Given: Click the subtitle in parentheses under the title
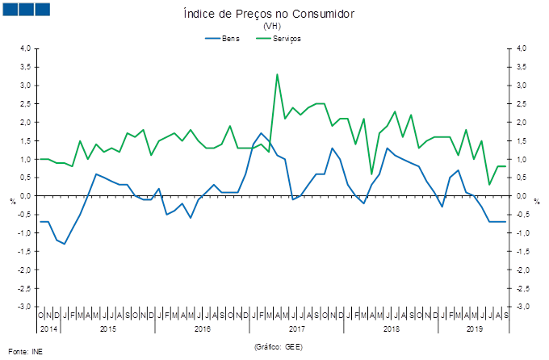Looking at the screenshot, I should (x=272, y=26).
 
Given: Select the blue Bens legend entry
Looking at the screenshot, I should (x=223, y=38).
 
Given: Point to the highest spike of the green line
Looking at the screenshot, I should (x=277, y=74).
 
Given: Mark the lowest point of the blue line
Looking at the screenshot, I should (x=65, y=243).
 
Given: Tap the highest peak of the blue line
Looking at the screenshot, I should (x=262, y=133).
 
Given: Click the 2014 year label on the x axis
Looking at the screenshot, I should (x=47, y=329).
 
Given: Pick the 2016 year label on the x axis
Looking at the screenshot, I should (x=203, y=329).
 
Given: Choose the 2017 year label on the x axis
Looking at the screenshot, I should (x=296, y=329).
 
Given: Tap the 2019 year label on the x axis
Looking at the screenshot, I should (x=474, y=329).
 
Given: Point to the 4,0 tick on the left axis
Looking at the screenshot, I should (x=25, y=48).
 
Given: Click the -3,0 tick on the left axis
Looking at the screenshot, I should (x=24, y=307).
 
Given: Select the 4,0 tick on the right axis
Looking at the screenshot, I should (x=522, y=48).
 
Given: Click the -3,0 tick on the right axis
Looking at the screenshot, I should (x=523, y=307).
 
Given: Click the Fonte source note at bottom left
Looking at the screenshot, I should (x=25, y=351).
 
